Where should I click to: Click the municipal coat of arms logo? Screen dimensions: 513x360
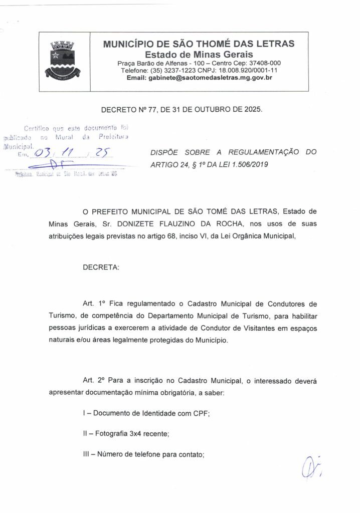(x=64, y=62)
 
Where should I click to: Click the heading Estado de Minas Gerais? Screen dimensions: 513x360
(x=199, y=54)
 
